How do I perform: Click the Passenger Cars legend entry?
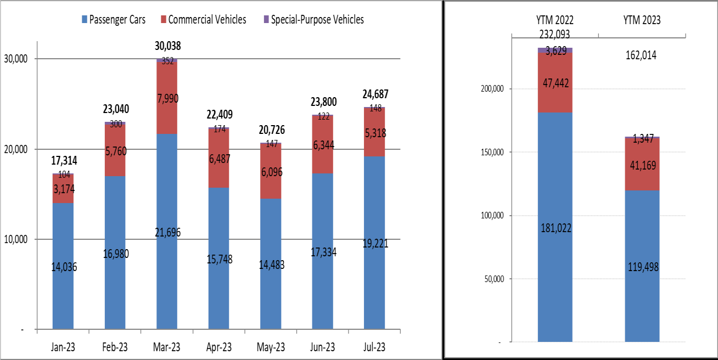point(113,20)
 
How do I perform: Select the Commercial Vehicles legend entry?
point(203,20)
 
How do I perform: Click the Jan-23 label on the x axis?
point(63,348)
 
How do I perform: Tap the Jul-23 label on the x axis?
point(374,348)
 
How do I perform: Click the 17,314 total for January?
point(65,161)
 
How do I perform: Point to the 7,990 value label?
point(167,98)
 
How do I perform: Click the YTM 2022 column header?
point(555,20)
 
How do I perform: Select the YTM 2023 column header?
point(642,20)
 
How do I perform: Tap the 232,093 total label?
point(555,34)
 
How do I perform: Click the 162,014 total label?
point(642,55)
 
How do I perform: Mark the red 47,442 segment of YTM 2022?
point(555,83)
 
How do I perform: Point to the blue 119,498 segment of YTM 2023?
point(642,267)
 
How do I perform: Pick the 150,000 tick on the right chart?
point(492,152)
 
